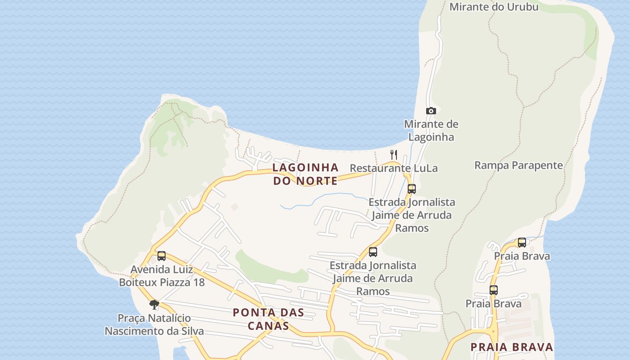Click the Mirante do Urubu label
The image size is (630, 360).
coord(494,7)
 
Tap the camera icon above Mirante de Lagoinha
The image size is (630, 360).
coord(431,111)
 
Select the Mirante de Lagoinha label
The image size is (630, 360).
coord(431,130)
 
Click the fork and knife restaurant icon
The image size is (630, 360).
coord(394,154)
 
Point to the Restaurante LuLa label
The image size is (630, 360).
coord(393,168)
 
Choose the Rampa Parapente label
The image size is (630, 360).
coord(518,165)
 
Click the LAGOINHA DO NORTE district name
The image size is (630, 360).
coord(305,174)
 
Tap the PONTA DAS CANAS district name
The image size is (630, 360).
coord(268,319)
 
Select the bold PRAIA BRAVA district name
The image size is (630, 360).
coord(512,347)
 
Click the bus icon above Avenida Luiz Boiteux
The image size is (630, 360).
coord(161,256)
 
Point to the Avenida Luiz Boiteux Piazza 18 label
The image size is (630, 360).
coord(162,276)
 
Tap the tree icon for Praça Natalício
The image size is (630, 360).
coord(154,305)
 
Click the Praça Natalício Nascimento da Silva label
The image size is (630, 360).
coord(154,325)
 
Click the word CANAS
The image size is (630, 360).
coord(268,326)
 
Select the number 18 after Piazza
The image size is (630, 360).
coord(198,283)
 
